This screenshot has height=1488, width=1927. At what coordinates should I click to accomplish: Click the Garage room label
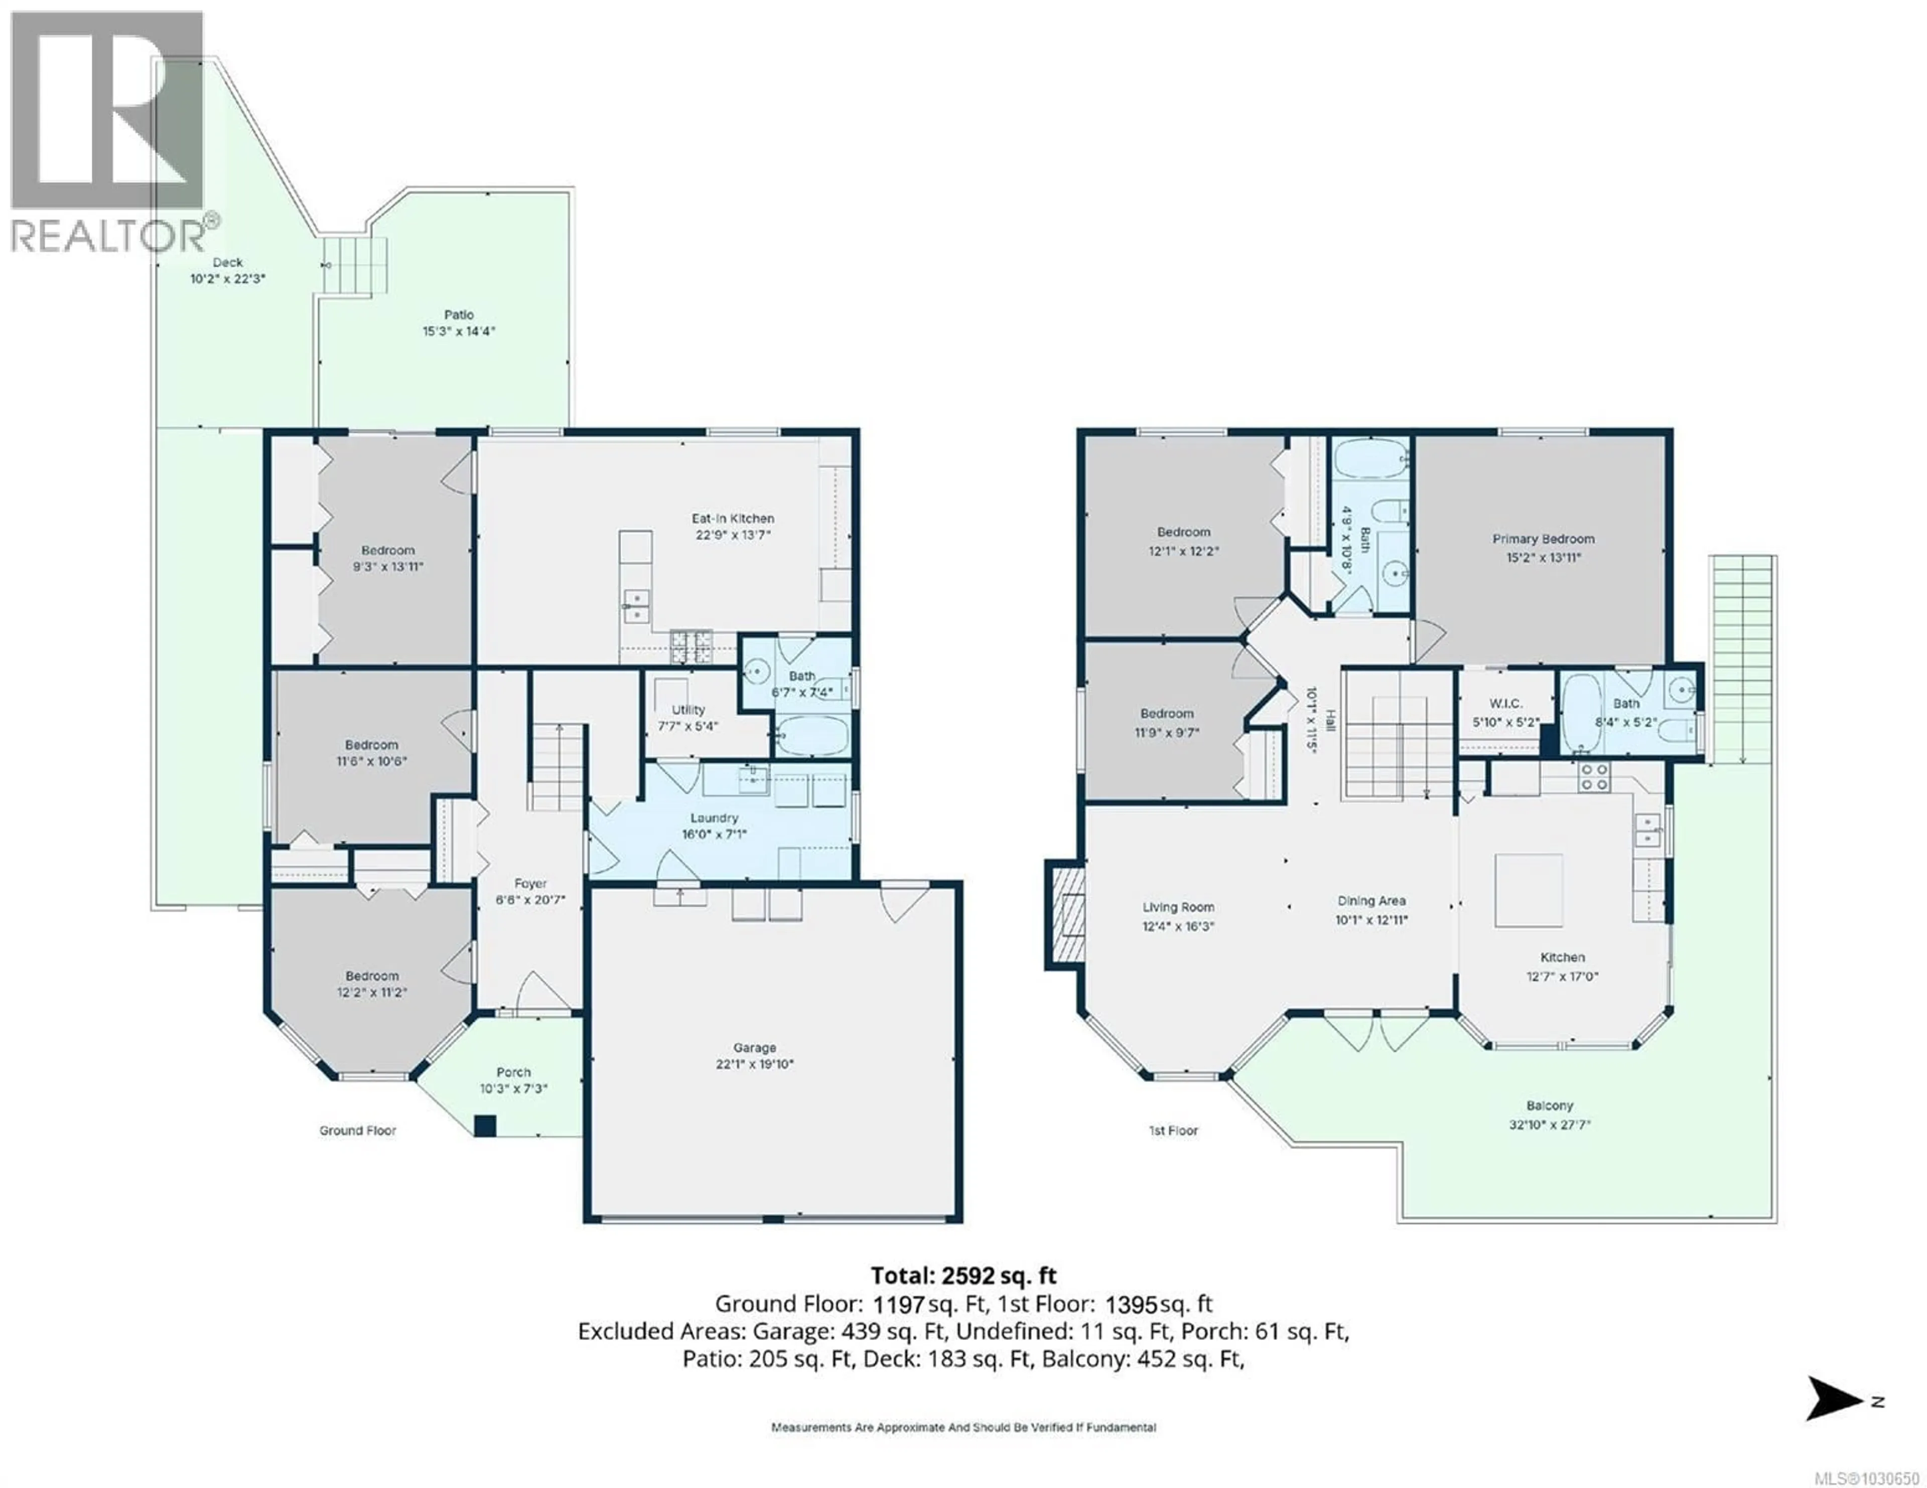coord(754,1048)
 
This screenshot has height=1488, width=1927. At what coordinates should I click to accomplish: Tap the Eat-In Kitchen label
coord(732,519)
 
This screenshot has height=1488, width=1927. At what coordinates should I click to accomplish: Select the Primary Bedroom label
coord(1543,539)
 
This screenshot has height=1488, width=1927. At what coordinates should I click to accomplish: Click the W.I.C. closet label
coord(1505,704)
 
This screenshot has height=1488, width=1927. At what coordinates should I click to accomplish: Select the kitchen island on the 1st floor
coord(1528,890)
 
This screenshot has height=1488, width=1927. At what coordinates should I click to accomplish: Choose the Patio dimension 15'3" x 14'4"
coord(459,332)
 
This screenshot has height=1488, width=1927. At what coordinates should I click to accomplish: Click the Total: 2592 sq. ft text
coord(963,1275)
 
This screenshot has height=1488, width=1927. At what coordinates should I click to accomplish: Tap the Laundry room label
coord(714,817)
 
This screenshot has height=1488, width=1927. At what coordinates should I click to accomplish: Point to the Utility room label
coord(688,710)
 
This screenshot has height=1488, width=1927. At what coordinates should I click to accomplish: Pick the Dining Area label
coord(1371,901)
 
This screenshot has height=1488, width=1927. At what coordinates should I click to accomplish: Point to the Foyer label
coord(530,883)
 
